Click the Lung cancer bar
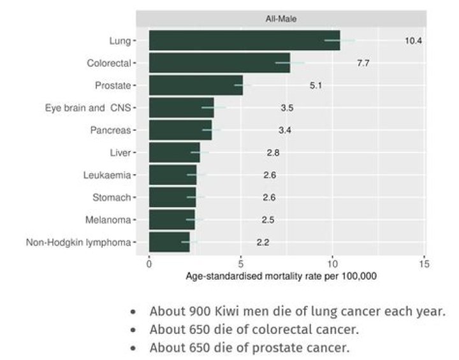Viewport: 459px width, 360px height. click(244, 41)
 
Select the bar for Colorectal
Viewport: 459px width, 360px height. click(219, 63)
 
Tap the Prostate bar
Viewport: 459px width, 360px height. click(196, 85)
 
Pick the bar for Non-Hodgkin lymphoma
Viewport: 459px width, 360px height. click(169, 242)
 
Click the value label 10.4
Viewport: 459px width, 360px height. click(413, 41)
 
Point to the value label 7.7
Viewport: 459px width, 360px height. click(363, 63)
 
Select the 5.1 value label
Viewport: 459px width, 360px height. click(316, 85)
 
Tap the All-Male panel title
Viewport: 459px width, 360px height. click(280, 19)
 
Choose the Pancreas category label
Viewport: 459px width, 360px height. click(110, 130)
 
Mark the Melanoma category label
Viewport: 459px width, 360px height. click(108, 220)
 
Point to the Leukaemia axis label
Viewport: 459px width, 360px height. click(106, 175)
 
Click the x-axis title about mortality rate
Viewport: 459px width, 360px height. click(281, 277)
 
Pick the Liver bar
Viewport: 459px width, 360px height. click(174, 152)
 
